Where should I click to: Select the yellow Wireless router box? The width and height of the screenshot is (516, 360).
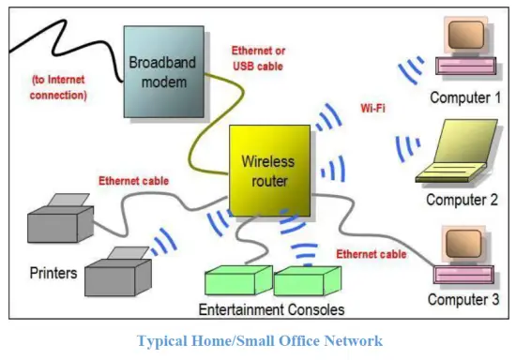coord(269,168)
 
